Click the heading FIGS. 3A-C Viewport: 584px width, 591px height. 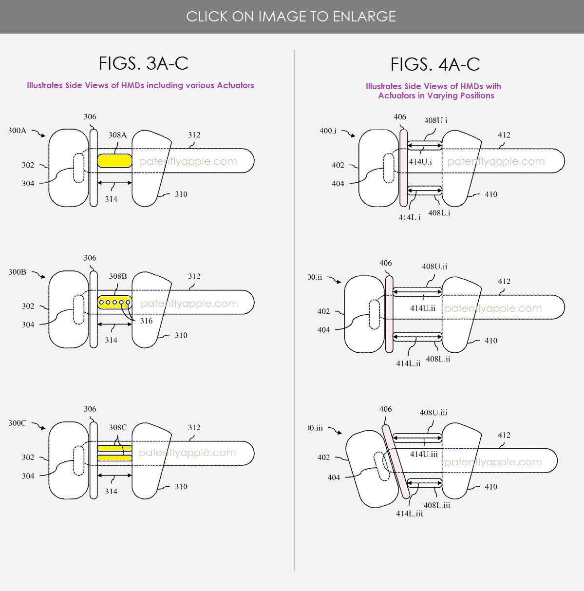[144, 63]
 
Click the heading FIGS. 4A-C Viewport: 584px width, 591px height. [435, 64]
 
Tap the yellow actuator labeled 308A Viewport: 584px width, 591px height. [115, 161]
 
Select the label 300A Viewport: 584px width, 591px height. [17, 131]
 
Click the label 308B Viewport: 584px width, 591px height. [118, 276]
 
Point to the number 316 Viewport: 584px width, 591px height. [146, 321]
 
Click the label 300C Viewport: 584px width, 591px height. [17, 423]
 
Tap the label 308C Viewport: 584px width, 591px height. [118, 427]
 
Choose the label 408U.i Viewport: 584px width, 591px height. [435, 120]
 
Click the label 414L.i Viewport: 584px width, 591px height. [410, 217]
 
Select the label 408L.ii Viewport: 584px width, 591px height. [438, 359]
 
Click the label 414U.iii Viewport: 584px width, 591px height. [424, 454]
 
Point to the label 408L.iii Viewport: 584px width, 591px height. [437, 505]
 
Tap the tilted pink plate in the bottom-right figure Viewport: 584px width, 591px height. [396, 461]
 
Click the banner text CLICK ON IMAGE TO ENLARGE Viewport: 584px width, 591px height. [291, 17]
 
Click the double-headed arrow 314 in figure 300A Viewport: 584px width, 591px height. [115, 183]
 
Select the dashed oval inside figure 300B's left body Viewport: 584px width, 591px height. [79, 309]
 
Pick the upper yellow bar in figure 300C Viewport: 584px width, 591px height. [115, 448]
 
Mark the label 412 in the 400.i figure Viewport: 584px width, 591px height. [504, 135]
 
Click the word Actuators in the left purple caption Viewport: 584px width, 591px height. [235, 85]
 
